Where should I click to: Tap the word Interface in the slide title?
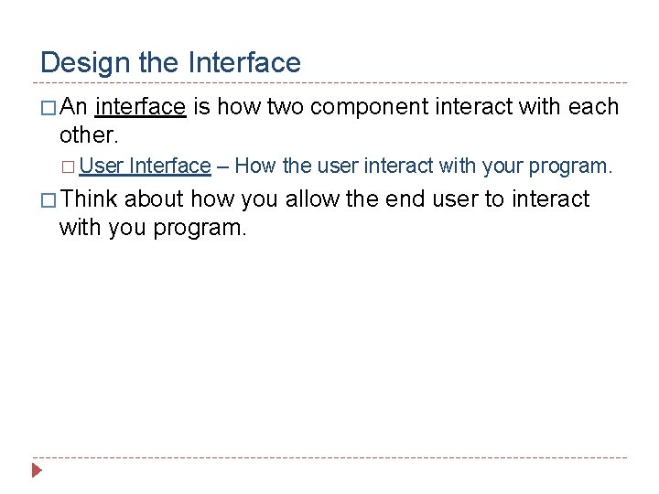coord(244,62)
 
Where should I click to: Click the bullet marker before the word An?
coord(48,108)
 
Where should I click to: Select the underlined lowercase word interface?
coord(140,107)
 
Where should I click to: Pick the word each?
coord(593,107)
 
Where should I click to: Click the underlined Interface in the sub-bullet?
coord(170,166)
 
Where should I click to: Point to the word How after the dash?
coord(255,166)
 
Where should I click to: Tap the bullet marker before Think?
coord(48,199)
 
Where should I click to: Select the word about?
coord(154,199)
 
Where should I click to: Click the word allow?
coord(313,199)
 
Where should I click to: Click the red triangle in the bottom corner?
coord(37,471)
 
